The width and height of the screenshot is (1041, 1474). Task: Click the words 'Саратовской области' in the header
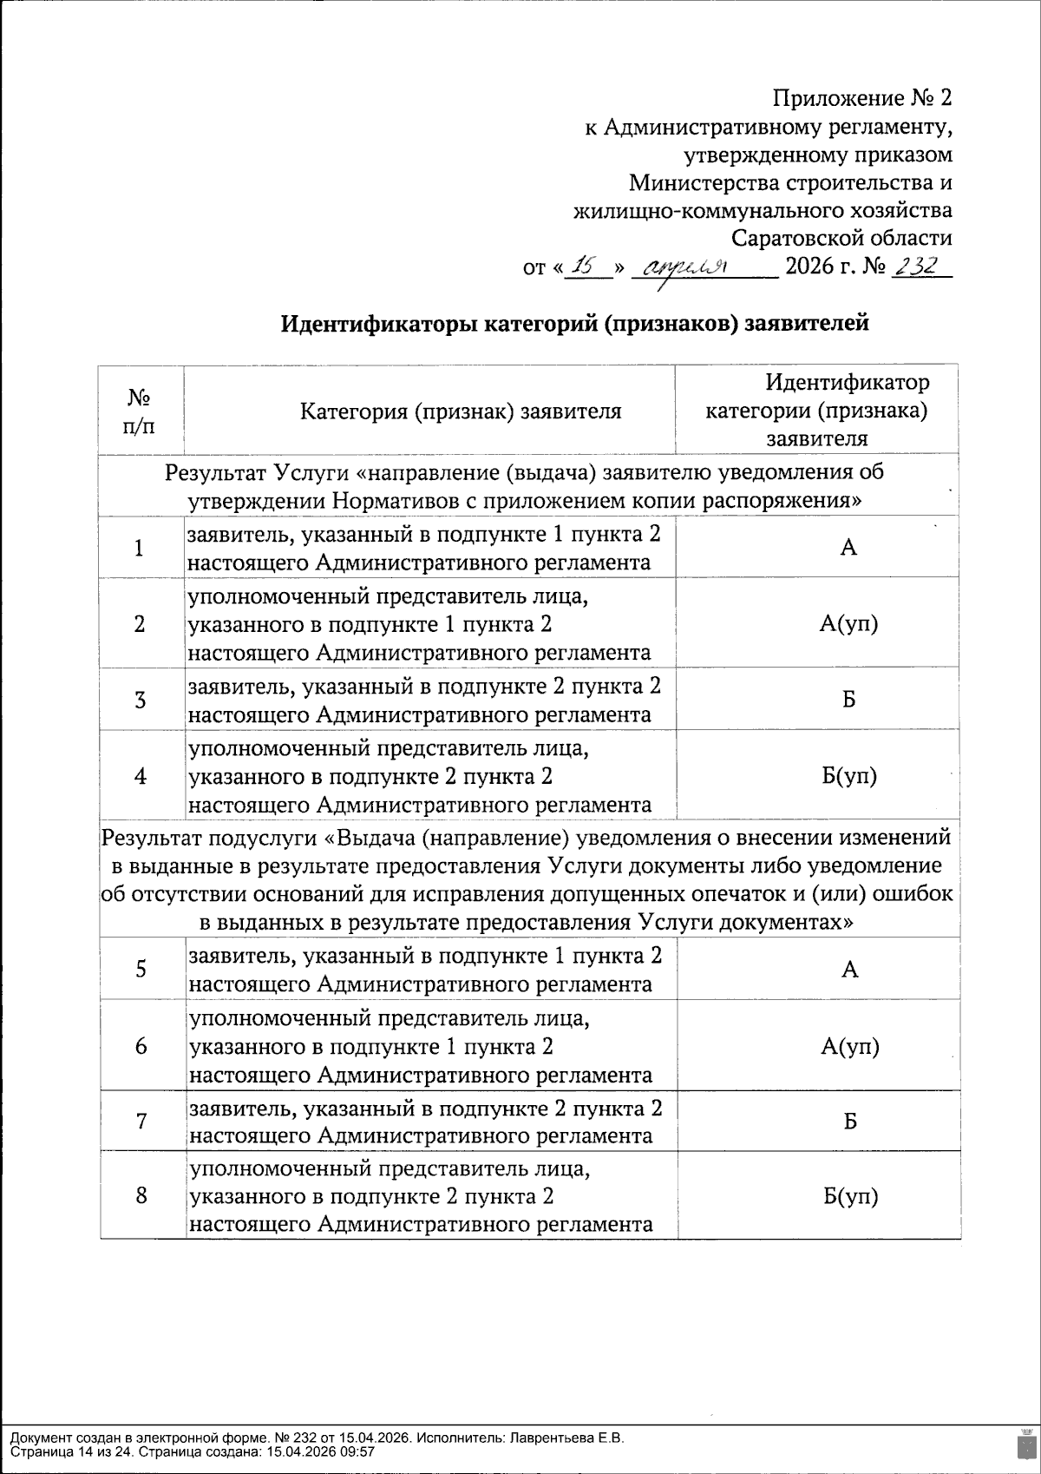841,238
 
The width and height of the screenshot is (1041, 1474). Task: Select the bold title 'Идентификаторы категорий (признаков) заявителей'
574,324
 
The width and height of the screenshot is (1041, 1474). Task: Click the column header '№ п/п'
141,411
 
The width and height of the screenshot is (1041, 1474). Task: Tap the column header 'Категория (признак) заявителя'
461,411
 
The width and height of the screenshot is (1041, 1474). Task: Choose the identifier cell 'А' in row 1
849,548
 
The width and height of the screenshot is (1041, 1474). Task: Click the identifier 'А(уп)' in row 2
849,623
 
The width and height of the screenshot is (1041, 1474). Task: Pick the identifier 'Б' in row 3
849,700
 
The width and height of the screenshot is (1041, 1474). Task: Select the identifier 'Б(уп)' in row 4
849,776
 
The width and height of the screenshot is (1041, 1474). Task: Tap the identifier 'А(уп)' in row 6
850,1046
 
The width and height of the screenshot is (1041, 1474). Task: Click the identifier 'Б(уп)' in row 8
850,1197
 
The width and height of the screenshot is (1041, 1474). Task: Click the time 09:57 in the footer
357,1451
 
